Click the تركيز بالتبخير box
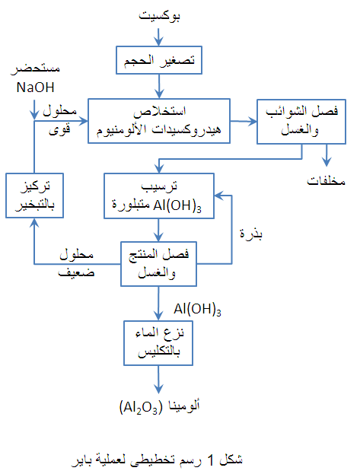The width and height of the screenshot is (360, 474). click(33, 196)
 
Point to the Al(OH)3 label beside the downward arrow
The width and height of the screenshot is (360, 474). click(197, 309)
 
